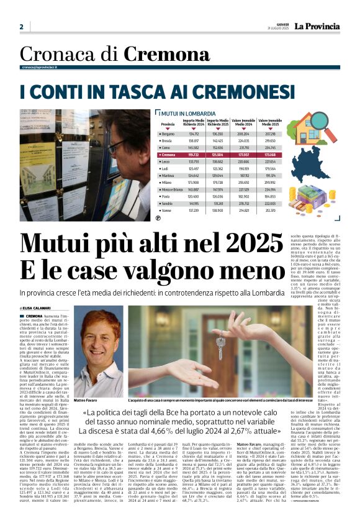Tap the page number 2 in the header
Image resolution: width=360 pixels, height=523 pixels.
(x=22, y=27)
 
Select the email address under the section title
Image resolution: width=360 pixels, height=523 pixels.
(x=42, y=67)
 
